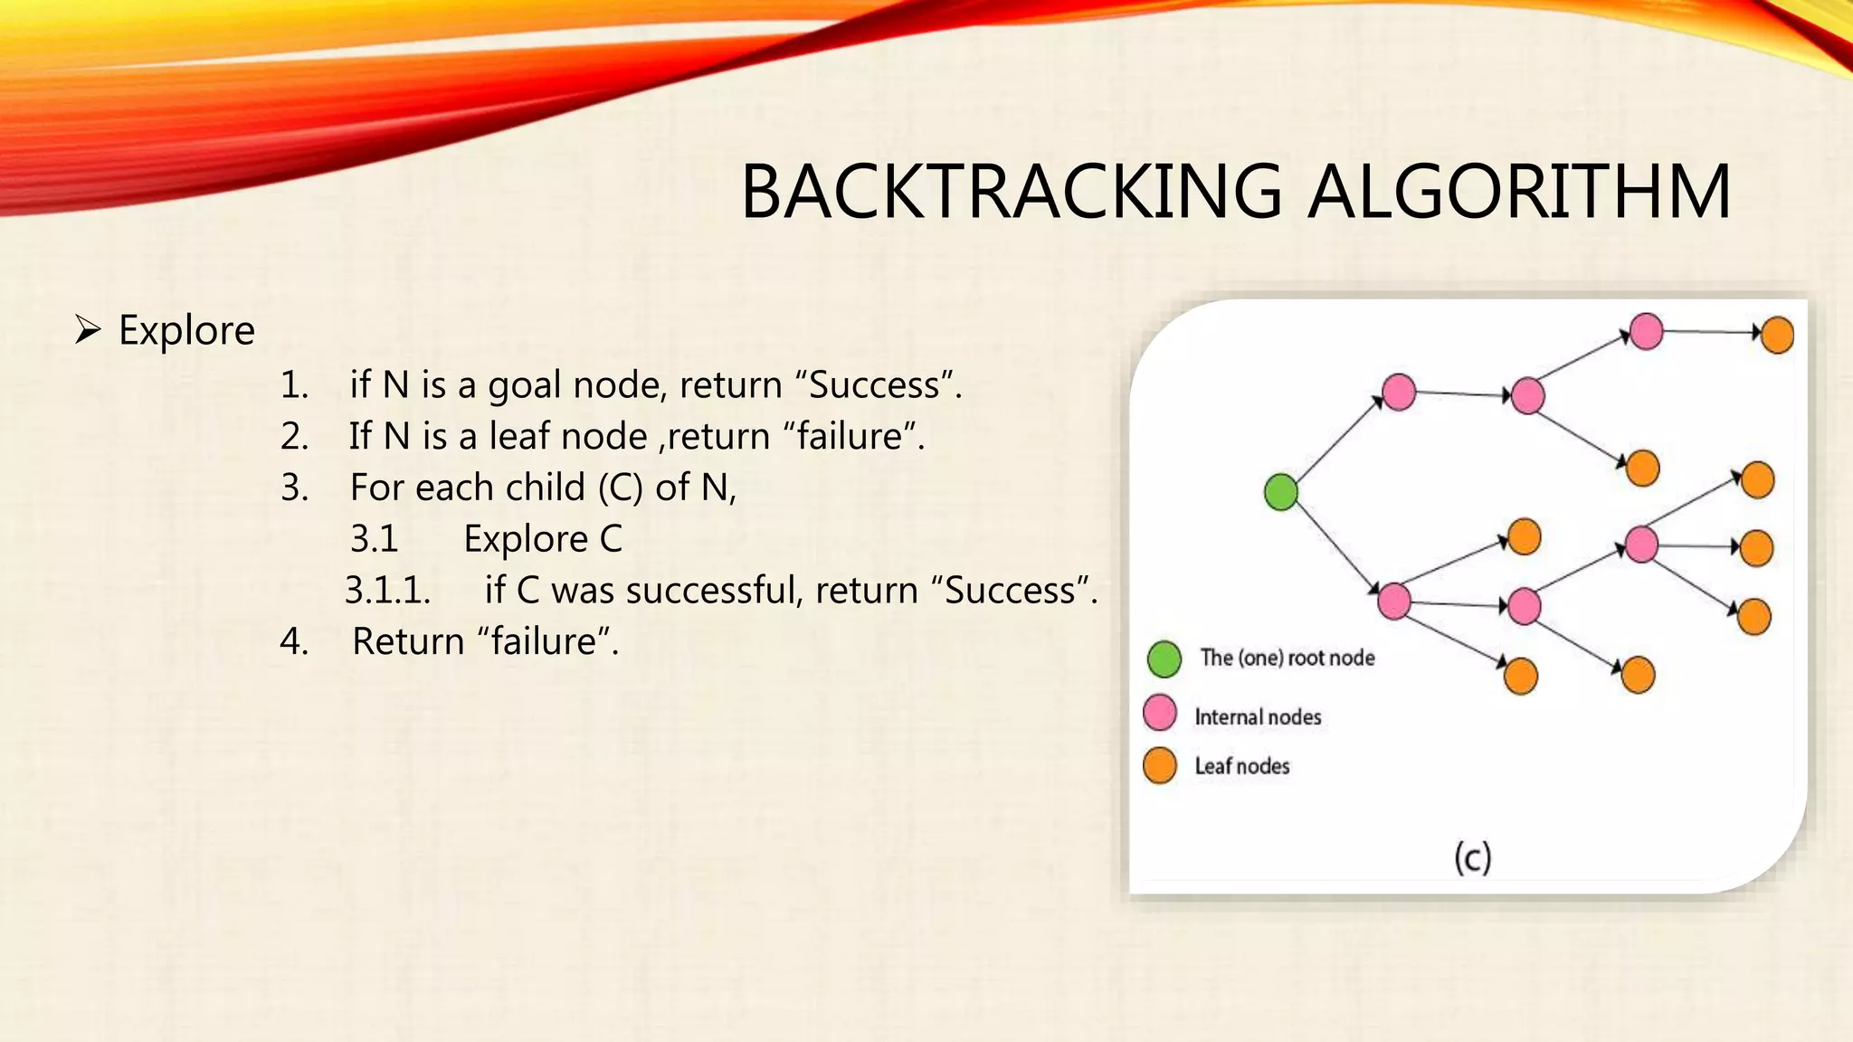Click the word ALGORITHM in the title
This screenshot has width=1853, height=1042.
point(1520,192)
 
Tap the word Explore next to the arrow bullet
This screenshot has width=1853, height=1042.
point(186,330)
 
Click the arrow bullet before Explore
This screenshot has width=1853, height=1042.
point(88,330)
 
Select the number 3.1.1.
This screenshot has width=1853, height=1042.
point(387,591)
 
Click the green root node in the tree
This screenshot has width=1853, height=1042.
point(1281,492)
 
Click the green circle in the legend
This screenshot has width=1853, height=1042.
point(1164,659)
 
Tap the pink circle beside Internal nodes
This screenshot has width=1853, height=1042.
point(1160,713)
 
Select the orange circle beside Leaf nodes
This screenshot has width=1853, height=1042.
point(1160,765)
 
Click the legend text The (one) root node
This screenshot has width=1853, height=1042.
point(1287,658)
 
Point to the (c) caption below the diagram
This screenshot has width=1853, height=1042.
point(1472,857)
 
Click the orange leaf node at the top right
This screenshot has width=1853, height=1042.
point(1777,335)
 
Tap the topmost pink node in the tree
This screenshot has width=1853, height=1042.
point(1646,331)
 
